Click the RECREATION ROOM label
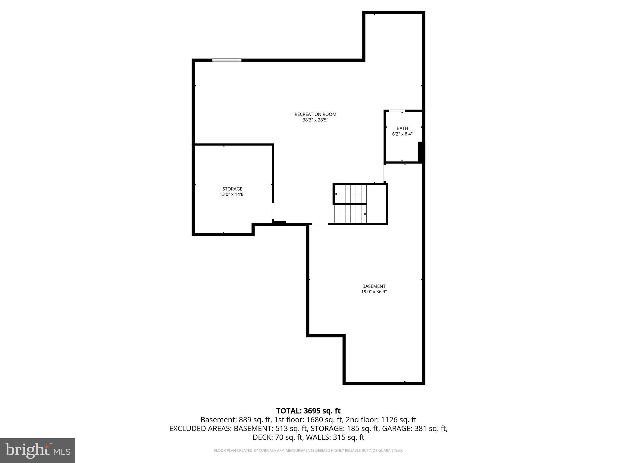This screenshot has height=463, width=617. click(x=315, y=114)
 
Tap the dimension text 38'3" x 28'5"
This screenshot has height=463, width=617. click(x=315, y=120)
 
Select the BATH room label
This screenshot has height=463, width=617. click(x=402, y=128)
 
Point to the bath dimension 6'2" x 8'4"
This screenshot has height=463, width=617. click(x=402, y=134)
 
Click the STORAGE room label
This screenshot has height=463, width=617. click(x=232, y=189)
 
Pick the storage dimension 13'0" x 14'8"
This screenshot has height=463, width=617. click(x=232, y=194)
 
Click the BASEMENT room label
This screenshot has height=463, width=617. click(x=374, y=286)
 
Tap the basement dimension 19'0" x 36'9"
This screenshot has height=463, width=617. click(x=374, y=292)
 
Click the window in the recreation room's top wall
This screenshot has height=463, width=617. click(x=227, y=60)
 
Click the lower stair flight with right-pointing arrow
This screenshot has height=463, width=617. click(x=350, y=214)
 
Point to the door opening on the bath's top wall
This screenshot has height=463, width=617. click(x=397, y=111)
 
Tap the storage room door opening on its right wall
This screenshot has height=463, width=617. click(x=273, y=211)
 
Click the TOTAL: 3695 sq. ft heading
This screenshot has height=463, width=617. click(x=308, y=411)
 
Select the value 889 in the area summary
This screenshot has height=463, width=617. click(x=245, y=420)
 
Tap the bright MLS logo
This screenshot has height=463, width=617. click(x=38, y=451)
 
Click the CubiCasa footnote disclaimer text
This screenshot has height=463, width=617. click(x=308, y=451)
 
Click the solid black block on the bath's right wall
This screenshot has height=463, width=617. click(x=421, y=152)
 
